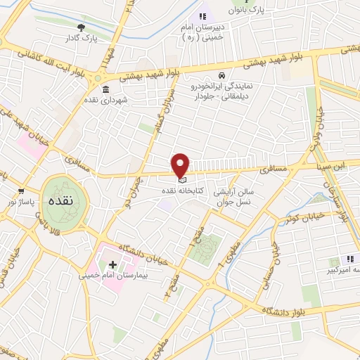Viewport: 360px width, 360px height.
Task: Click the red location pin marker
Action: [181, 165]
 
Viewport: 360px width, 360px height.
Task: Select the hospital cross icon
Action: [112, 265]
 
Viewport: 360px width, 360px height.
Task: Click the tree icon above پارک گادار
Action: [82, 28]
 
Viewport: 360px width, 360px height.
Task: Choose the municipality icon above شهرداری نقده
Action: [105, 89]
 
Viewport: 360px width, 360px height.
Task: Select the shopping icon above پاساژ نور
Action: [21, 191]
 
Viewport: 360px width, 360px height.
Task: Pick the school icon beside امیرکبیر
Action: [350, 259]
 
